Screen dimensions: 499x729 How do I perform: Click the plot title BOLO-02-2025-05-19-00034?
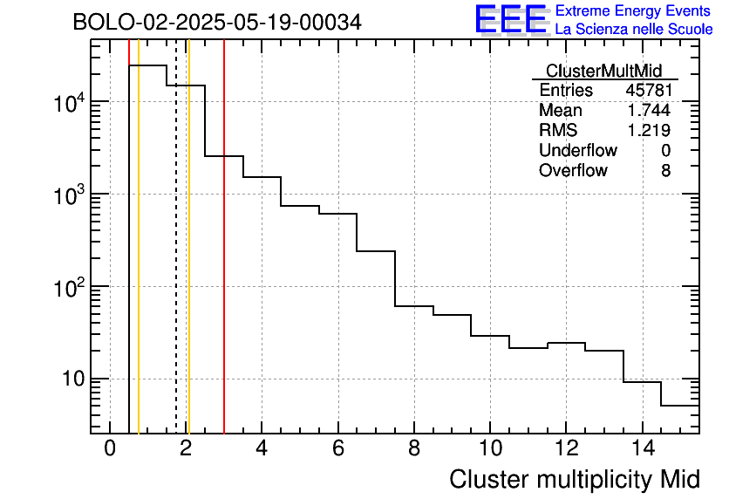click(217, 22)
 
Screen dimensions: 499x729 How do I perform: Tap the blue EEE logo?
click(510, 20)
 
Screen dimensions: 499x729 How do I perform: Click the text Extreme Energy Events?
click(634, 10)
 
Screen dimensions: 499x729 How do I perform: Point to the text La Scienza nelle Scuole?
click(634, 30)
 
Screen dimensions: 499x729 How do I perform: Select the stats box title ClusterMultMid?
click(603, 72)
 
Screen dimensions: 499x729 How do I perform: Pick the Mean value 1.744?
click(649, 111)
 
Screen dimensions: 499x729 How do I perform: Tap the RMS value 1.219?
click(649, 131)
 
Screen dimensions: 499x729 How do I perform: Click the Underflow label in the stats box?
click(577, 151)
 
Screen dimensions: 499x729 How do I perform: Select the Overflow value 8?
click(665, 171)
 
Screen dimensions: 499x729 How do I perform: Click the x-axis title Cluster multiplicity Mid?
click(575, 479)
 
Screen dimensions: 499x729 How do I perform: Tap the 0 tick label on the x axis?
click(110, 449)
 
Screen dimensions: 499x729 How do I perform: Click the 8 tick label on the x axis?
click(413, 449)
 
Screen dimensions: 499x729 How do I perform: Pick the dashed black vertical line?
click(176, 262)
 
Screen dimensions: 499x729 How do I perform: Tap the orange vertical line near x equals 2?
click(188, 262)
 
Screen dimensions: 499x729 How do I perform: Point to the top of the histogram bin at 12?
click(566, 343)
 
